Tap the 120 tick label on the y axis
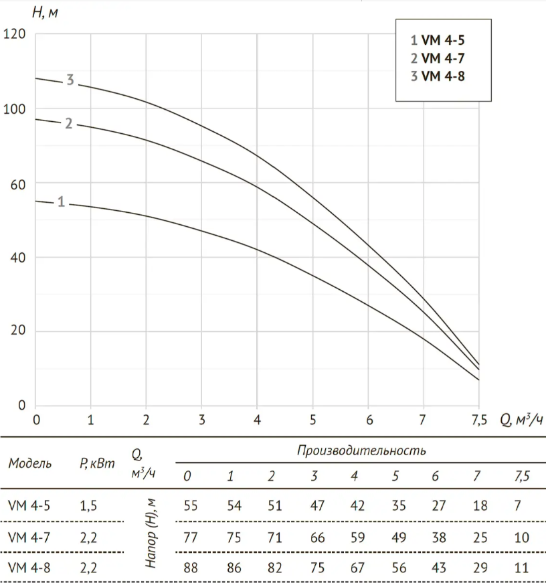pyautogui.click(x=15, y=34)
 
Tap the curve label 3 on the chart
pyautogui.click(x=70, y=81)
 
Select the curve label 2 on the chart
pyautogui.click(x=69, y=123)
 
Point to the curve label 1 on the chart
pyautogui.click(x=61, y=201)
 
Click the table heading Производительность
pyautogui.click(x=361, y=450)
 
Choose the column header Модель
pyautogui.click(x=31, y=464)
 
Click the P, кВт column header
pyautogui.click(x=94, y=464)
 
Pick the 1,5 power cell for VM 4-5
pyautogui.click(x=88, y=506)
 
